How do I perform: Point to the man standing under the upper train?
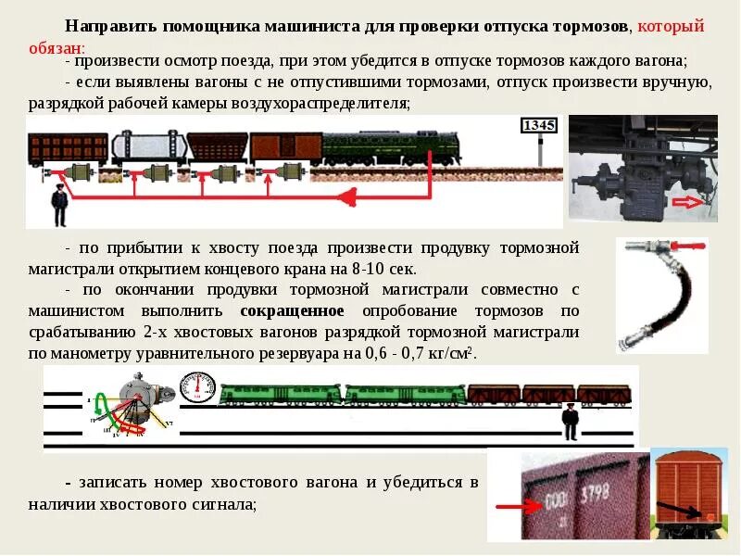point(59,205)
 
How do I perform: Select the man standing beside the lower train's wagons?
point(571,422)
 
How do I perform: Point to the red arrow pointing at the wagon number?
point(519,507)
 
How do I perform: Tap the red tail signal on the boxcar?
point(708,514)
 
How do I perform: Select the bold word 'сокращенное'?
point(293,310)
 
